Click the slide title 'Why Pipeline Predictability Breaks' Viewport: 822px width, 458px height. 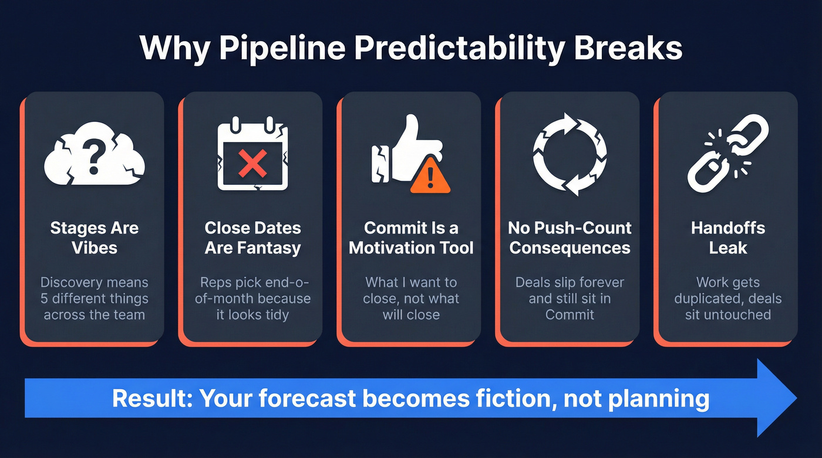click(411, 49)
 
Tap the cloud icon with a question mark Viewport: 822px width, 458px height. click(95, 154)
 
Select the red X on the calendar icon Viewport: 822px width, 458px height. click(253, 162)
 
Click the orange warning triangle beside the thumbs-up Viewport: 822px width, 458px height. click(430, 177)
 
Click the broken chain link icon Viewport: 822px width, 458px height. click(727, 154)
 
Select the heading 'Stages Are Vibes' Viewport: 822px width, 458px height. click(95, 238)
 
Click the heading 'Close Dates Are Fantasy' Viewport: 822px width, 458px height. click(253, 238)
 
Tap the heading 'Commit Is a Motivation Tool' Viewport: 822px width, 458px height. click(411, 238)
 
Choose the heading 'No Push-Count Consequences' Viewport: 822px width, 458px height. click(570, 238)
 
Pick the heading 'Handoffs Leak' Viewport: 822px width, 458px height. click(727, 238)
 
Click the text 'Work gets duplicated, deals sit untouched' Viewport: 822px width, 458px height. click(727, 298)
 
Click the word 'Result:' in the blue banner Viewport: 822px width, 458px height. click(151, 399)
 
